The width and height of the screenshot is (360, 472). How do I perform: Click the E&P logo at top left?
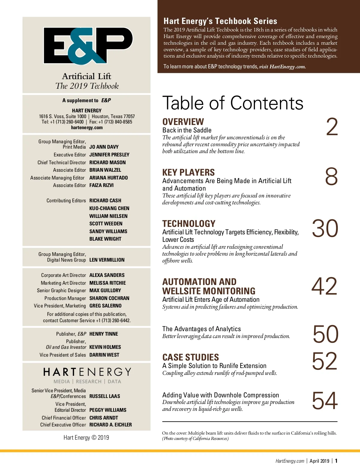point(88,46)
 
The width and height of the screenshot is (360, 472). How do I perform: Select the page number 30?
point(325,229)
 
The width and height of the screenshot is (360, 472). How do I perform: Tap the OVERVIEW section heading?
point(183,122)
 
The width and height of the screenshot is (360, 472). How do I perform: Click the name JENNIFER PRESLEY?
point(109,155)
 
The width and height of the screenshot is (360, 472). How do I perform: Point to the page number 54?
point(325,401)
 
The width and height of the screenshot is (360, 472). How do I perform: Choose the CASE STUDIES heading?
point(190,357)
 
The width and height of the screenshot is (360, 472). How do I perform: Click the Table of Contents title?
point(233,103)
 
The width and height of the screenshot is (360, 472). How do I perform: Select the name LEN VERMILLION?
point(107,260)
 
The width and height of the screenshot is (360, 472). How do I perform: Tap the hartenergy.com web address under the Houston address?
point(87,128)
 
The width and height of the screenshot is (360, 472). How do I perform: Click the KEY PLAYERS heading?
point(188,172)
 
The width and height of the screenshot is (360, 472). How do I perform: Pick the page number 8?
point(331,177)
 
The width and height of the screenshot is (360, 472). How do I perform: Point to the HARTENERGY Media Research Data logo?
point(87,376)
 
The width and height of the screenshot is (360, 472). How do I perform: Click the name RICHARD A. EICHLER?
point(110,425)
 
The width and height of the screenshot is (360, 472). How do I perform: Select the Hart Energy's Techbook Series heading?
point(220,21)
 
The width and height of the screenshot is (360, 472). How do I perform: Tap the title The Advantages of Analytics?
point(202,329)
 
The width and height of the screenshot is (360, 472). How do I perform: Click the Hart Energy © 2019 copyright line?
point(86,438)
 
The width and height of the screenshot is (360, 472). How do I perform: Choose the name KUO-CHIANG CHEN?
point(109,208)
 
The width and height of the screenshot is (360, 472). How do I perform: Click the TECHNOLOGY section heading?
point(189,224)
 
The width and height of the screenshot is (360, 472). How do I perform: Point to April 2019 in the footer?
point(319,461)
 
